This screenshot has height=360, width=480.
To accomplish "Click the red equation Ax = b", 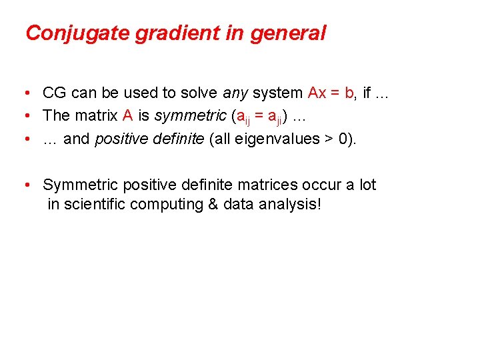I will point(331,93).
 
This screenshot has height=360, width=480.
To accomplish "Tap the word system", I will point(279,93).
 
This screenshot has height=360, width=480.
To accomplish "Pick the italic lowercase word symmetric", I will point(190,115).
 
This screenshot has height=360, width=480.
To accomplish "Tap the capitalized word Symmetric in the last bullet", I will point(81,185).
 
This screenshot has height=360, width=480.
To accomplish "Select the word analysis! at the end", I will point(289,204).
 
